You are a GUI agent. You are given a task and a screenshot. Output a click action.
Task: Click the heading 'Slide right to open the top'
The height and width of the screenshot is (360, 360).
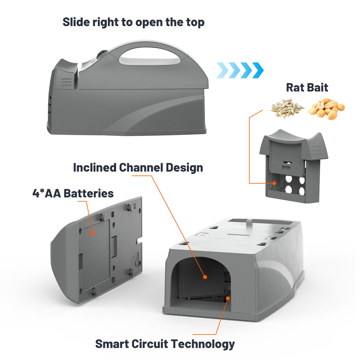tap(133, 22)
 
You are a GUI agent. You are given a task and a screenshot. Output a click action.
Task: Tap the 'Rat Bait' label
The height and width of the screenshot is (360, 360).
tap(307, 88)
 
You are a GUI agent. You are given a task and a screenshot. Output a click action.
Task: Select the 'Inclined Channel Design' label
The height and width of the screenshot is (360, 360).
tap(138, 167)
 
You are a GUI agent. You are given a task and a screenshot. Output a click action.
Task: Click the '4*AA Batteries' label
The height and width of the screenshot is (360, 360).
tap(73, 193)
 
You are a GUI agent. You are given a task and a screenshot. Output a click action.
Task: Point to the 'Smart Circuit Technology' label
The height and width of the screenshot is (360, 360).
tap(165, 343)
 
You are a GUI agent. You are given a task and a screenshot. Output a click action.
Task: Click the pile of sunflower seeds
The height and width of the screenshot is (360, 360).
tap(287, 109)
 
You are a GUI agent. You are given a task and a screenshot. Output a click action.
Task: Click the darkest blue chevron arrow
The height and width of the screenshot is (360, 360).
tap(258, 70)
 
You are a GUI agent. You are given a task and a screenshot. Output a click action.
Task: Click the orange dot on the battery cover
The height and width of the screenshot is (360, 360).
tap(92, 233)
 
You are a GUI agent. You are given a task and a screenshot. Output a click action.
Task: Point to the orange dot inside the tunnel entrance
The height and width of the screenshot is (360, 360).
tap(205, 277)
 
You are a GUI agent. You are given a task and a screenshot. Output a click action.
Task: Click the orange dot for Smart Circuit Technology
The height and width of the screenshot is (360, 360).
tap(228, 298)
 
